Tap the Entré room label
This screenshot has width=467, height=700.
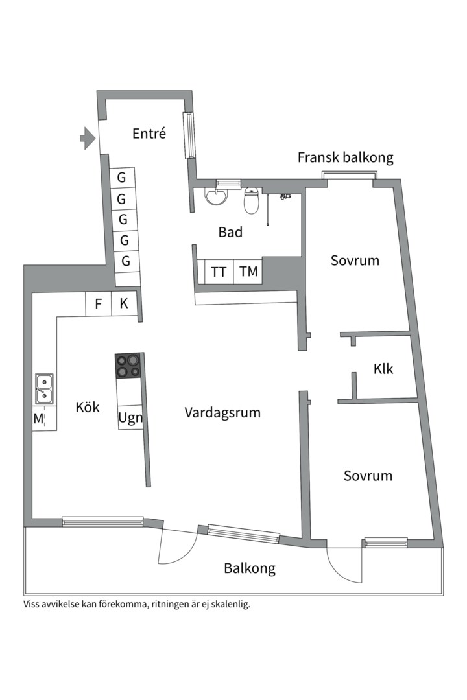[x=149, y=134]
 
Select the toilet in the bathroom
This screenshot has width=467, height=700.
[x=252, y=200]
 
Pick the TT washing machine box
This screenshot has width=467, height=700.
[x=219, y=272]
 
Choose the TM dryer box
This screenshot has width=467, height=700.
[x=248, y=272]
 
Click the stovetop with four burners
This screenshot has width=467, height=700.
[x=128, y=366]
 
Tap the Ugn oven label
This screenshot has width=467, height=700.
[x=129, y=417]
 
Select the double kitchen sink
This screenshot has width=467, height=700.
[x=44, y=388]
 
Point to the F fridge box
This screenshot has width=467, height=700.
[x=99, y=304]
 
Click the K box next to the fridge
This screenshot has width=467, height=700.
[x=124, y=304]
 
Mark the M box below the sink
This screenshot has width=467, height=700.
[x=38, y=419]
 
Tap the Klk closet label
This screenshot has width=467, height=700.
[x=383, y=369]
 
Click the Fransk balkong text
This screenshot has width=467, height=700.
[x=345, y=157]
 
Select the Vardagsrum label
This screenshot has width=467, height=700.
[x=222, y=412]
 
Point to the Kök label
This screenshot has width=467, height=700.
[x=88, y=407]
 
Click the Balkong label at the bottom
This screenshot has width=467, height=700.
[x=250, y=568]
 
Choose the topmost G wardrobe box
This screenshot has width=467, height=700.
[x=121, y=178]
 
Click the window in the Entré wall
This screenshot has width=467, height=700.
[x=189, y=135]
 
